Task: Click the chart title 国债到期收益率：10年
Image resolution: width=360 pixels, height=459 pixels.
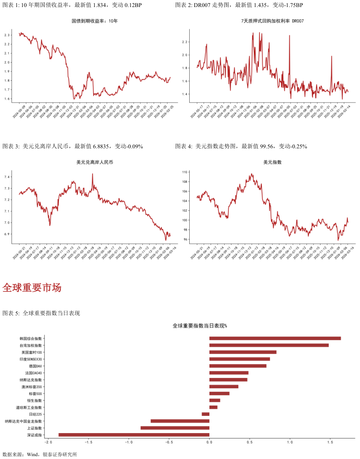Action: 95,21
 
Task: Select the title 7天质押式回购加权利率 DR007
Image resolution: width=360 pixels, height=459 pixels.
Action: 272,21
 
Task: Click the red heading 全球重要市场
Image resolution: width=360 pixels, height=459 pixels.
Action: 32,288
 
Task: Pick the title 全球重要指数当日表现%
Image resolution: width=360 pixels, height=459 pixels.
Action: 200,326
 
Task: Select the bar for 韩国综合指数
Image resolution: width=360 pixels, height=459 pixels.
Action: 275,338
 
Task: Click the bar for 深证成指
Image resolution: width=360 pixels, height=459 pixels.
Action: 134,435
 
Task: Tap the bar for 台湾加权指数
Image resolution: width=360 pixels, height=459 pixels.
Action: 269,345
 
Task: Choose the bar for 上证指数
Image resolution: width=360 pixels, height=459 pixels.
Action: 175,428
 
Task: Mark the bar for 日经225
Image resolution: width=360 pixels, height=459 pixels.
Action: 205,414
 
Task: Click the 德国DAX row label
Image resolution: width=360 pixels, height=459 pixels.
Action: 36,366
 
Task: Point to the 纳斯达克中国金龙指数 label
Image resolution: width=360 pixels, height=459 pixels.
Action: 23,421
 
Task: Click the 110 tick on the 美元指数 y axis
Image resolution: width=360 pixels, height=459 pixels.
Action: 185,172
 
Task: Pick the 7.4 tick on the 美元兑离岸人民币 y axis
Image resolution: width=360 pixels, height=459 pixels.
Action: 7,177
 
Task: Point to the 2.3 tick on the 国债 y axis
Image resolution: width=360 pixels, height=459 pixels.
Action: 7,35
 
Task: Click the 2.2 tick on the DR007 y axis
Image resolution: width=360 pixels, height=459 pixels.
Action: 185,42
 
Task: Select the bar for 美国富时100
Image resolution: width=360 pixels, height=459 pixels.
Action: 243,352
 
